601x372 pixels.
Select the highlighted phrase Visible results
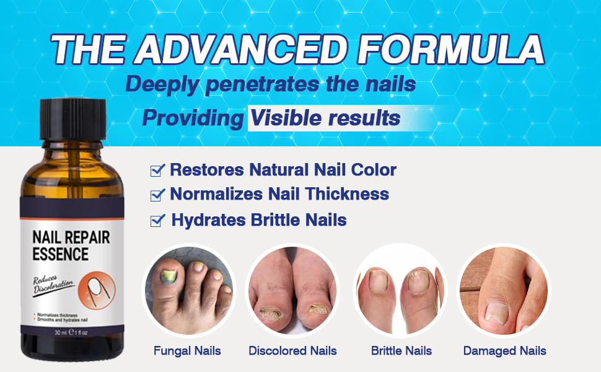(x=324, y=118)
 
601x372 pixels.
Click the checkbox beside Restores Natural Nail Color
(x=157, y=169)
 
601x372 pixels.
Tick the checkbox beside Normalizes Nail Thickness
(x=157, y=195)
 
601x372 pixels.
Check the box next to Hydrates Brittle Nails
(x=157, y=220)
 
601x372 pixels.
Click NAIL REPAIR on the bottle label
(x=71, y=237)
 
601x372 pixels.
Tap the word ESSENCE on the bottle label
(x=60, y=254)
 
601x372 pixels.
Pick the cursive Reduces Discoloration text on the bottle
(x=54, y=284)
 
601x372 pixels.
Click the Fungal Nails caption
(x=187, y=351)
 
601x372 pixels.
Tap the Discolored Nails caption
(x=292, y=351)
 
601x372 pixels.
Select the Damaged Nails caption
(x=504, y=351)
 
